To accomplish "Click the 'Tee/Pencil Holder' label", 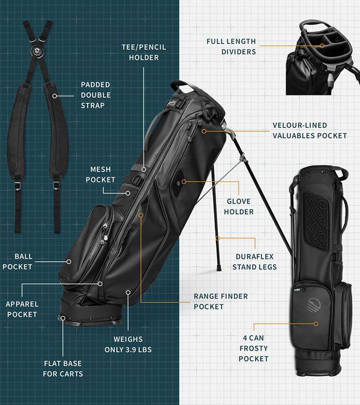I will click(x=143, y=52).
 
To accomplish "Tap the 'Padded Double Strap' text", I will click(x=96, y=95).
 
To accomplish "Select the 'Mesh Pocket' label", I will click(x=100, y=175).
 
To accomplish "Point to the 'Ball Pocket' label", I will click(x=17, y=262).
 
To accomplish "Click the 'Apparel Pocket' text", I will click(x=22, y=310).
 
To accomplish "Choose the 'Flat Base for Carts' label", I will click(x=63, y=368).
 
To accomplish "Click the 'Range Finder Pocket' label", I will click(x=220, y=301).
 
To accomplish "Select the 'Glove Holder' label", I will click(x=238, y=206).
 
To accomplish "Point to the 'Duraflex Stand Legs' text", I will click(x=255, y=262).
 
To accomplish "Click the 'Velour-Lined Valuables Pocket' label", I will click(x=309, y=130).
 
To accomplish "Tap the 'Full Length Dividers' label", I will click(x=231, y=47).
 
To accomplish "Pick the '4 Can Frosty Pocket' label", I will click(x=253, y=348).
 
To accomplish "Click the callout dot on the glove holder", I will click(x=184, y=181).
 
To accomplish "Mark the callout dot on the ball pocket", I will click(x=69, y=262).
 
